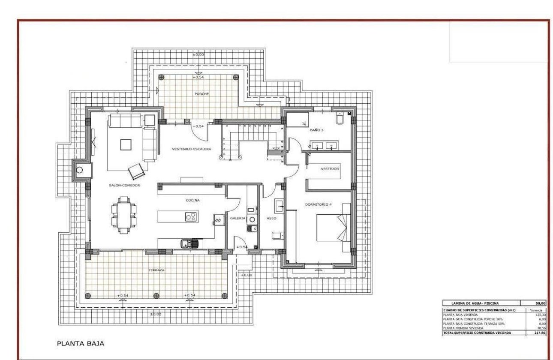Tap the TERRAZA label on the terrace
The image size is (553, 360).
pos(157,270)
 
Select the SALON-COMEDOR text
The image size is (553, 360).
pos(124,185)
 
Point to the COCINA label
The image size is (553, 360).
pos(192,200)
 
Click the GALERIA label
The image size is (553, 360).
pos(237,218)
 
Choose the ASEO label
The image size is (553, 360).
pos(271,218)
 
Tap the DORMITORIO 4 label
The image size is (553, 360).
pos(318,204)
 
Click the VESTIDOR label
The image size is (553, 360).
pos(330,169)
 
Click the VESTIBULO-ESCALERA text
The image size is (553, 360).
pos(191,149)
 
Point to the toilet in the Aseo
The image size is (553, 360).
pos(277,235)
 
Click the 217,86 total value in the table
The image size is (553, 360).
pos(539,332)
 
